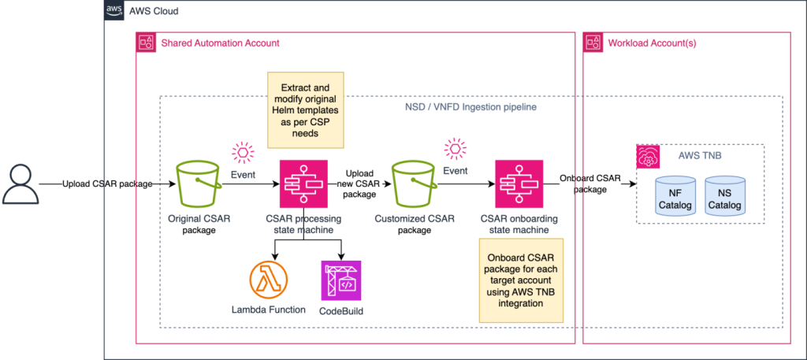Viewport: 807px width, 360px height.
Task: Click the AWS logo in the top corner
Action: [x=114, y=12]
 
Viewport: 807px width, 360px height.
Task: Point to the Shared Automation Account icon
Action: [x=147, y=43]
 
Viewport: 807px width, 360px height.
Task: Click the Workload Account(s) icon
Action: [x=593, y=43]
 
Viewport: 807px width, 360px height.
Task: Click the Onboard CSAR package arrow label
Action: [x=589, y=183]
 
